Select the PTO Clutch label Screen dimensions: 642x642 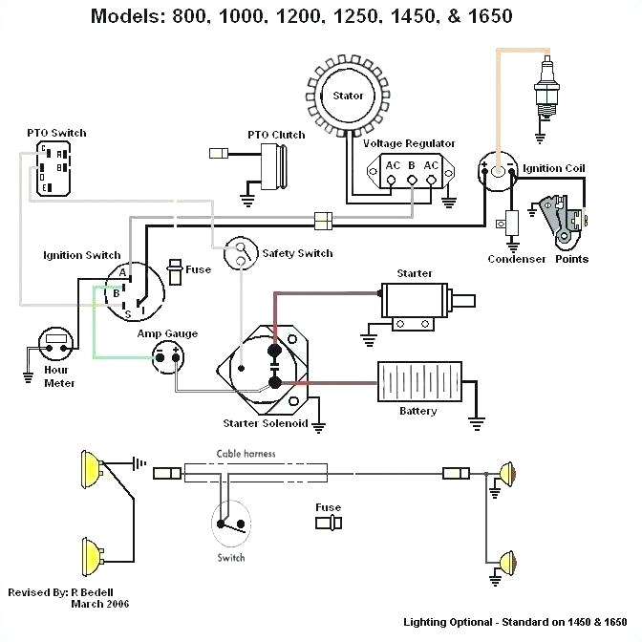coord(276,135)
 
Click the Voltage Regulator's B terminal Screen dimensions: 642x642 coord(412,178)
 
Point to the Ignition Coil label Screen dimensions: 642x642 coord(554,168)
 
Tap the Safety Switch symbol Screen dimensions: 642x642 coord(240,253)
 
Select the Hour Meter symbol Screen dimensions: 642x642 coord(56,342)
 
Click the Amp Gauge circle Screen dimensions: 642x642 coord(170,358)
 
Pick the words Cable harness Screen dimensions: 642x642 coord(246,454)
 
